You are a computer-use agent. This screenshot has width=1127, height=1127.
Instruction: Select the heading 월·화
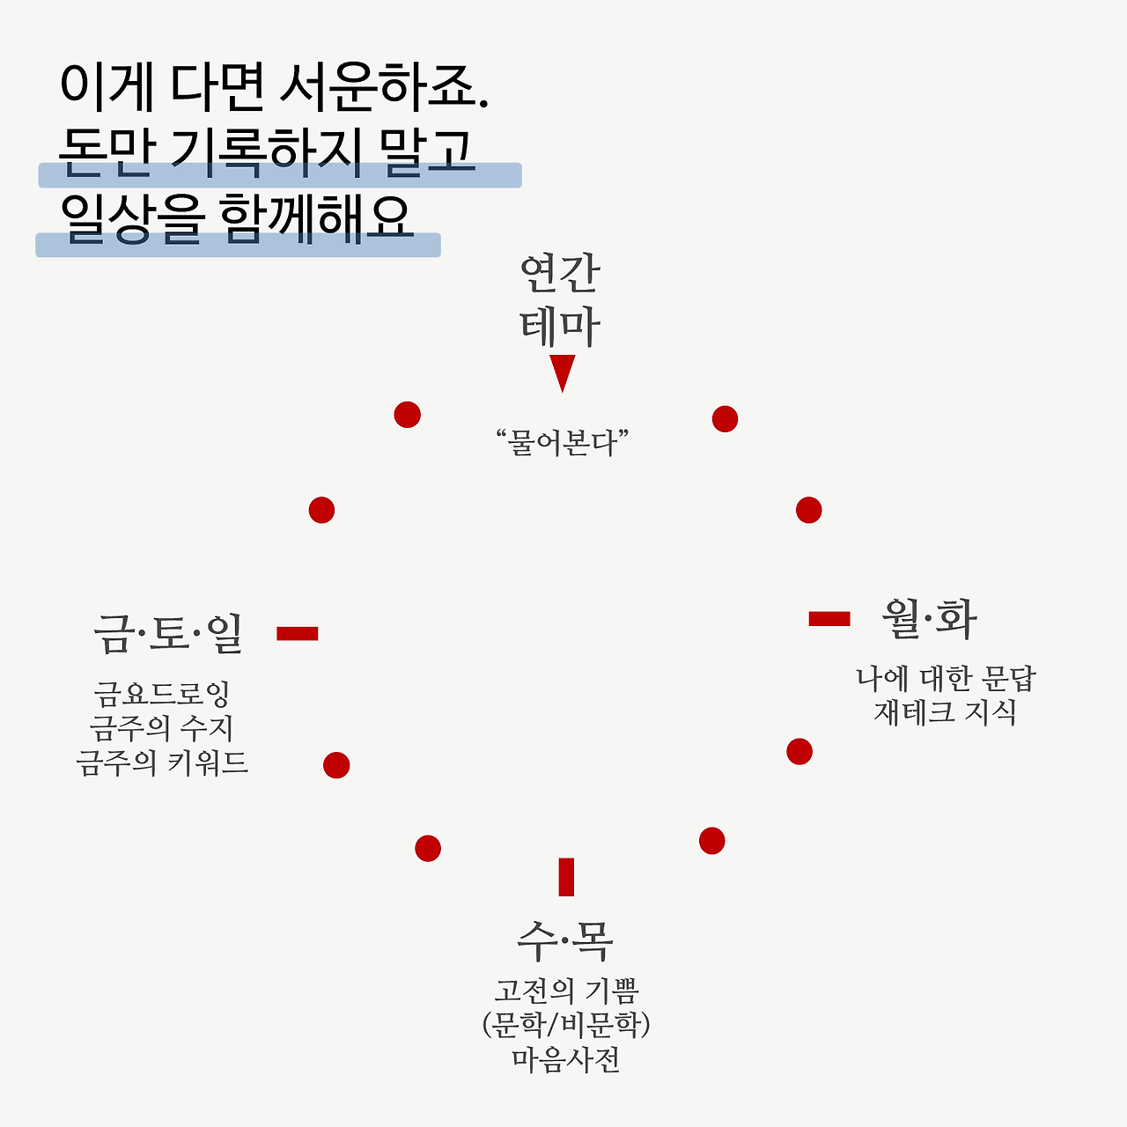point(929,619)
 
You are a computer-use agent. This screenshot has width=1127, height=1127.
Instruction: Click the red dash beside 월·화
point(829,619)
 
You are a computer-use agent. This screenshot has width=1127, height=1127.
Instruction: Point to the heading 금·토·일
point(168,634)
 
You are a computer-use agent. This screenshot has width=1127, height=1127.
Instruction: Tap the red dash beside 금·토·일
point(298,634)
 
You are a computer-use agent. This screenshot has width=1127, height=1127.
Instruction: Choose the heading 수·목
point(564,940)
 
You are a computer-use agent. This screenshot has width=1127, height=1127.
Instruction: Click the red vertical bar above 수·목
point(566,877)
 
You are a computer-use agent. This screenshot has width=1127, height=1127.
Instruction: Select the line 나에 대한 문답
point(947,679)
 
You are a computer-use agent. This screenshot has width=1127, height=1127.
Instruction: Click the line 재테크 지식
point(945,711)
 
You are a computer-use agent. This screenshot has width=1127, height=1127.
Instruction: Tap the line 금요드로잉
point(162,694)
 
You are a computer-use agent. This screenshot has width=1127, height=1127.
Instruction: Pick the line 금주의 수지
point(162,728)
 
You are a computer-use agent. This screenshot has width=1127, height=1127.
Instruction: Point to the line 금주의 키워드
point(162,762)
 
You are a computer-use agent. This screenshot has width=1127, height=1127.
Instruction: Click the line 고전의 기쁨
point(566,991)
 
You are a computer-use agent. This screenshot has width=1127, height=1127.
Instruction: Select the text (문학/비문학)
point(566,1025)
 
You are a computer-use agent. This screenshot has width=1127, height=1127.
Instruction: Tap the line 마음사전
point(566,1058)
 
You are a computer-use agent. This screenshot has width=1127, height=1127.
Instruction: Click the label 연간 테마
point(560,299)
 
